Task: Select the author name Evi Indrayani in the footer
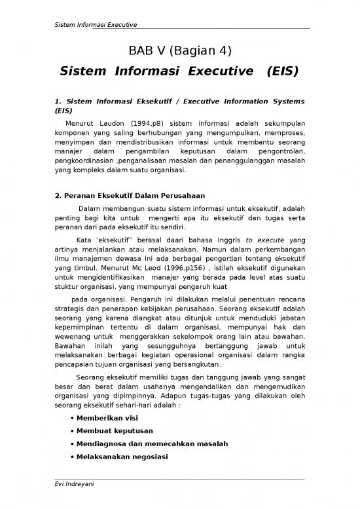click(76, 502)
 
